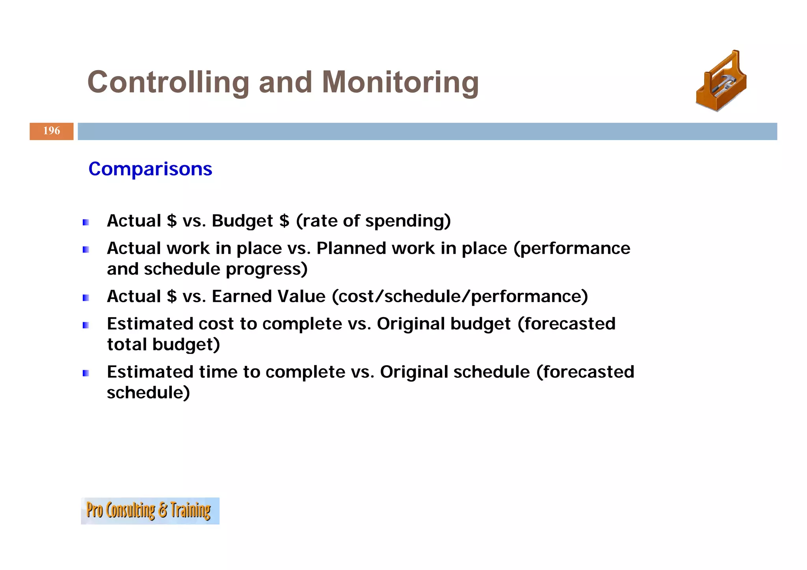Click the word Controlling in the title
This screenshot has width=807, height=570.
(x=168, y=82)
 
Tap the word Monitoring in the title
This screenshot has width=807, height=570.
(x=400, y=82)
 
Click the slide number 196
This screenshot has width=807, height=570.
(x=52, y=131)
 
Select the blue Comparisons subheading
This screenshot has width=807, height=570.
(x=150, y=169)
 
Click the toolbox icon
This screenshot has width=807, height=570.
(x=721, y=82)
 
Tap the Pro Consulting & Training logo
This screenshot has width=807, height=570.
(x=150, y=511)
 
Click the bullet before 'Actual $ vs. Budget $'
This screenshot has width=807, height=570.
(x=86, y=223)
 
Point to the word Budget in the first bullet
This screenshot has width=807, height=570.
(x=242, y=221)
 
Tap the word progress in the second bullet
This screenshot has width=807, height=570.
(x=266, y=269)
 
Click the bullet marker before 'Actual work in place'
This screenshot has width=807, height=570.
(x=86, y=250)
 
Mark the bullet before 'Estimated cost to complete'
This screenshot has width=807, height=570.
(x=86, y=325)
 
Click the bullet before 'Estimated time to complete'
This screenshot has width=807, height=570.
(x=86, y=373)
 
